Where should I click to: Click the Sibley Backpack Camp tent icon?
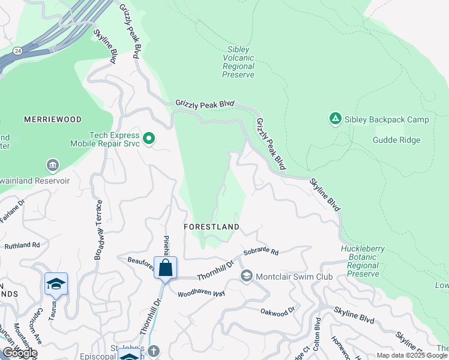(x=335, y=119)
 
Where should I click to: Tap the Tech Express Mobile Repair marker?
(x=149, y=139)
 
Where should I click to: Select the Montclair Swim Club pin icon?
(x=246, y=276)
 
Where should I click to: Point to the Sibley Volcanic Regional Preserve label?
(x=238, y=62)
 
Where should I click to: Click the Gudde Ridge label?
(x=396, y=140)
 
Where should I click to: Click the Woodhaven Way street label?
(x=201, y=293)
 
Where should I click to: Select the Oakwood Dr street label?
(x=278, y=311)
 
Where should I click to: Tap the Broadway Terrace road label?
(x=98, y=230)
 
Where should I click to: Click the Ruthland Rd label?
(x=22, y=245)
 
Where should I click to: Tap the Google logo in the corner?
(x=20, y=353)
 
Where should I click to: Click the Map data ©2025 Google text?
(x=412, y=355)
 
